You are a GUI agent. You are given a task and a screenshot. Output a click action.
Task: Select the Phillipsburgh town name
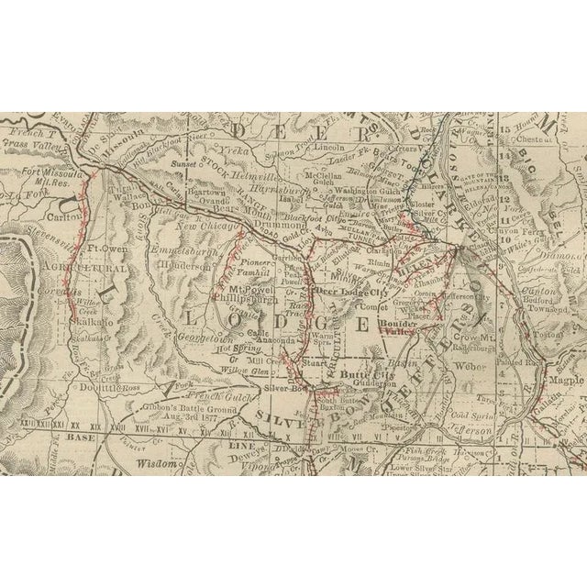[x=248, y=299]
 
